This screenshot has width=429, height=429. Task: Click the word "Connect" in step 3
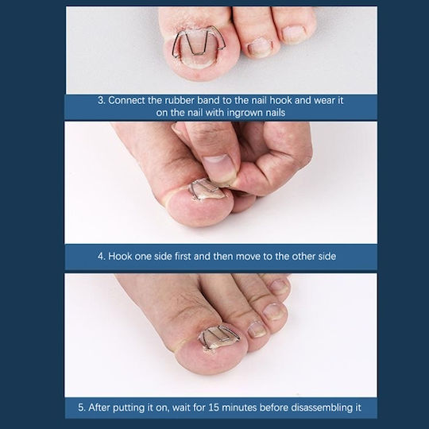point(126,100)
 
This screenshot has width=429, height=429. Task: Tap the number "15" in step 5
point(214,408)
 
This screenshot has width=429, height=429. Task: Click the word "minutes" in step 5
point(239,408)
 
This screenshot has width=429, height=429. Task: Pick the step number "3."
point(102,100)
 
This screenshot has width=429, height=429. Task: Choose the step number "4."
point(102,257)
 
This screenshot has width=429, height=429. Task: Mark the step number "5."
point(82,408)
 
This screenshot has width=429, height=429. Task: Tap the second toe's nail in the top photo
point(257,47)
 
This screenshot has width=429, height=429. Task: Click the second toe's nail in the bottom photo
point(257,329)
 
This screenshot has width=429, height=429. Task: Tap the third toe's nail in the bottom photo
point(273,312)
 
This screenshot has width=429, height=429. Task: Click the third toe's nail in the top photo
point(293,34)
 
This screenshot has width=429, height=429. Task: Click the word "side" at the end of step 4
point(327,257)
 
